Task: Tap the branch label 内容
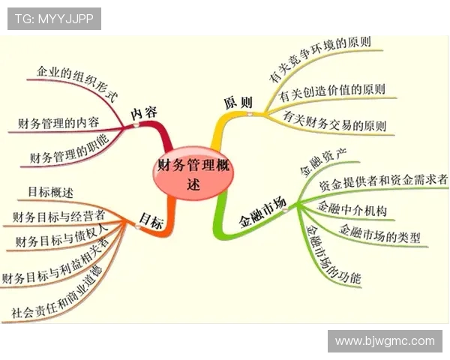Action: point(144,113)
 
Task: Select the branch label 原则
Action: point(238,102)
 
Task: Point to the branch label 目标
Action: point(151,221)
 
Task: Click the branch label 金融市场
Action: point(263,213)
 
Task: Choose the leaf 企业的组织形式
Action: point(77,83)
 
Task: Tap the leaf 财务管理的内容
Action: point(58,124)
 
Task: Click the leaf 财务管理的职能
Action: point(70,149)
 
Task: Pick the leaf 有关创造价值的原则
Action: point(331,91)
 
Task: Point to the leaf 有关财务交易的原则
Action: point(334,121)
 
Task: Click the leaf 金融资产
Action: point(323,162)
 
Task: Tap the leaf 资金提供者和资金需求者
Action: point(383,181)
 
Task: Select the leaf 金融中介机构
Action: point(352,208)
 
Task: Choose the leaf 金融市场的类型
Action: point(379,233)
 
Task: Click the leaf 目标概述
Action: point(50,192)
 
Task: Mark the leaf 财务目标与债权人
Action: point(61,235)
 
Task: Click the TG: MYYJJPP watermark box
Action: point(54,19)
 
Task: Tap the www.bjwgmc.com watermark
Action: point(385,341)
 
